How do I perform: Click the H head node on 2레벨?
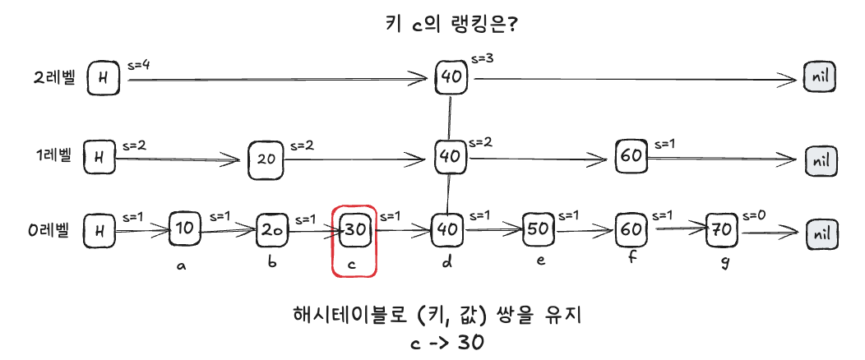(103, 78)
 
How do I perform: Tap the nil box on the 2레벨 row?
(821, 78)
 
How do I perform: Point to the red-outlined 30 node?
(355, 230)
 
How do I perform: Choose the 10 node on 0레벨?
(185, 229)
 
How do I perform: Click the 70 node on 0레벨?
(723, 230)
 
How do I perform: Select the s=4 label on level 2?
(139, 64)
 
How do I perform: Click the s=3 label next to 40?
(483, 59)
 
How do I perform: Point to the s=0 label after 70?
(756, 215)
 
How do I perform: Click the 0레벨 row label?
(50, 230)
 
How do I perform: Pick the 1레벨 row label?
(51, 155)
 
